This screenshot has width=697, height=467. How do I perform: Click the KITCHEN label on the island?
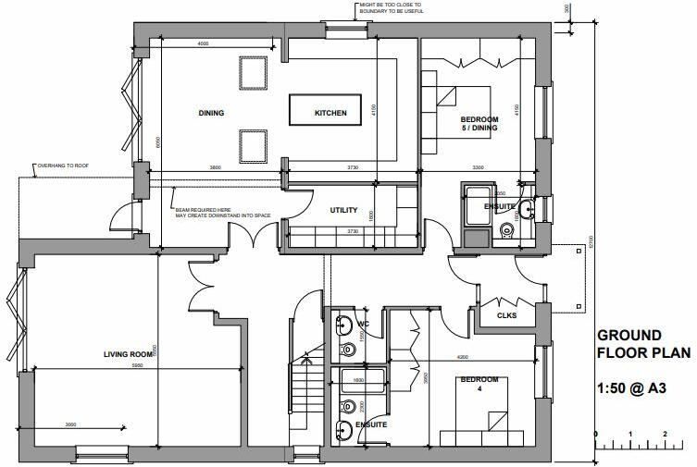(x=330, y=113)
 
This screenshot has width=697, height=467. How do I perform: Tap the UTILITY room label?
(x=344, y=210)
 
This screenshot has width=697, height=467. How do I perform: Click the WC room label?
(x=364, y=325)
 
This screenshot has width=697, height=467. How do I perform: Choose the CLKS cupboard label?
(x=505, y=315)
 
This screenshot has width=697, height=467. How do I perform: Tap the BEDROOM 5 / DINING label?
(x=479, y=124)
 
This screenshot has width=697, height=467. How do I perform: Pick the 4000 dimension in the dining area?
(x=202, y=44)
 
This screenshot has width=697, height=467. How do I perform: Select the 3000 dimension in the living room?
(x=70, y=424)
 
